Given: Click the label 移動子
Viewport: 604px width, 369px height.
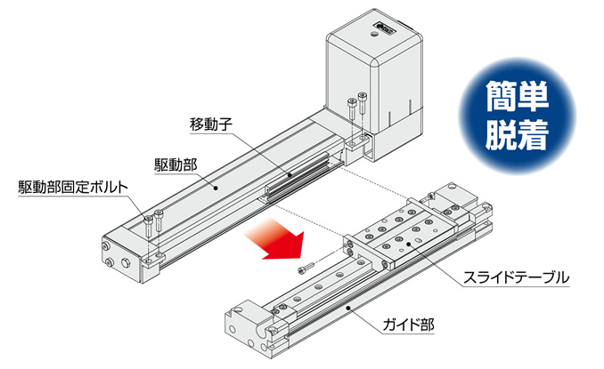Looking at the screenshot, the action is [x=211, y=124].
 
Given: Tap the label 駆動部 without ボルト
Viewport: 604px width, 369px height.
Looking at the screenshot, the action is [x=175, y=164].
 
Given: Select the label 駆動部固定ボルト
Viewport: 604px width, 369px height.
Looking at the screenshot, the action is [x=73, y=188].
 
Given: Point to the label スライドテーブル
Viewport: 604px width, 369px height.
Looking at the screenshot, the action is [x=516, y=277].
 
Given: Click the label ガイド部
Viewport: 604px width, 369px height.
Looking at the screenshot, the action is [x=408, y=325].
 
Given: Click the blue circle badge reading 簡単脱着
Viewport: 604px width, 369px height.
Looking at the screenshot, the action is [x=517, y=116].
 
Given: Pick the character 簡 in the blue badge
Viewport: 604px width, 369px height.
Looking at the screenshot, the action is [x=500, y=97].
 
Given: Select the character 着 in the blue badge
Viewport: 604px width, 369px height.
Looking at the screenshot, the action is [x=533, y=134].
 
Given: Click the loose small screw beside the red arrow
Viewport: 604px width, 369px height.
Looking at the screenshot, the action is [x=306, y=268].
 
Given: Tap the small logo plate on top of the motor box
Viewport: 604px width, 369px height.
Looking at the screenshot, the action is [x=385, y=26].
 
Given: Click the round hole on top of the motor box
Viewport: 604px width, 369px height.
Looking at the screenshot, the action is [x=373, y=34].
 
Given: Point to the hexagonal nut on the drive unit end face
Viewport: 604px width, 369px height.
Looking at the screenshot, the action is [x=125, y=263].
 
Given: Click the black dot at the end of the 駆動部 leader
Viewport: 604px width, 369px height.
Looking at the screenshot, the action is [x=216, y=188].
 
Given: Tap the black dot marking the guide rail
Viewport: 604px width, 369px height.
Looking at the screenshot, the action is [x=348, y=307].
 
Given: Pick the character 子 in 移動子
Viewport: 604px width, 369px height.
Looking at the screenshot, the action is [x=225, y=124].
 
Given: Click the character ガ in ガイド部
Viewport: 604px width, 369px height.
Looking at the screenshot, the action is [x=389, y=325].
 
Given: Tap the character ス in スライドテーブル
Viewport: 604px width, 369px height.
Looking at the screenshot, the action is [x=470, y=277].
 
